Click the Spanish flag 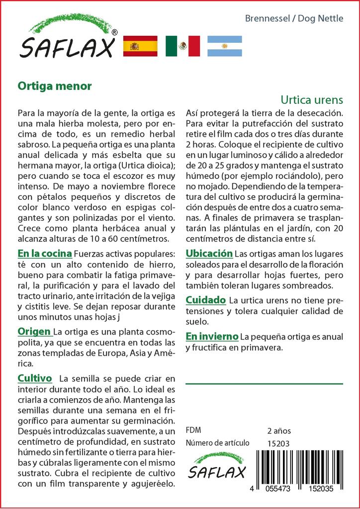tap(140, 46)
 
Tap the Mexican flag tap(182, 46)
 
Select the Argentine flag tap(225, 46)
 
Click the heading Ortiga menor tap(55, 85)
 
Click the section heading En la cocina tap(44, 253)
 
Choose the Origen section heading tap(34, 332)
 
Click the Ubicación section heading tap(209, 254)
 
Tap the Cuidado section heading tap(206, 300)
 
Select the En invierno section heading tap(212, 337)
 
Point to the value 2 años tap(279, 431)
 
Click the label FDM tap(193, 430)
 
